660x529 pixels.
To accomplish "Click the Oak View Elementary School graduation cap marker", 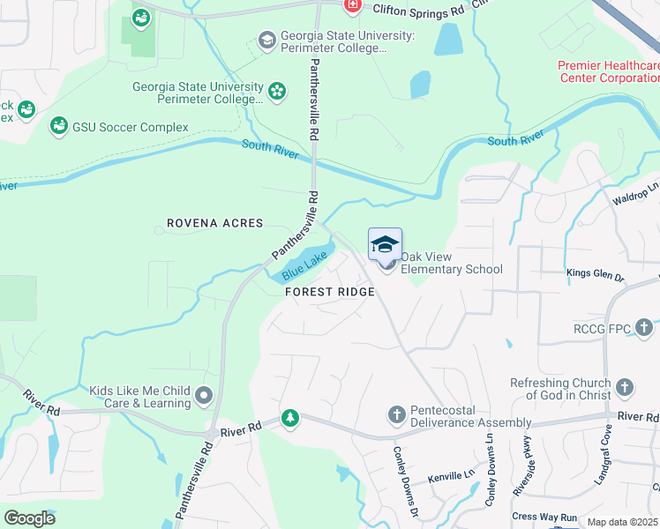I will (385, 244).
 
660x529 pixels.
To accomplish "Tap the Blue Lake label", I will (304, 264).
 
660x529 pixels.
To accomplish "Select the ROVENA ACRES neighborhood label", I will (215, 223).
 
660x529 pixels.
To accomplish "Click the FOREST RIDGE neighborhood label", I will (329, 292).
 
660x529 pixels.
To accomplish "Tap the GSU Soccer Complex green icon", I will (59, 127).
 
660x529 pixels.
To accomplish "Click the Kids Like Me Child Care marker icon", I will (205, 396).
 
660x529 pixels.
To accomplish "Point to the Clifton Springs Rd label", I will (417, 10).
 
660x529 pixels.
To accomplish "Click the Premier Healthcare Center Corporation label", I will (609, 71).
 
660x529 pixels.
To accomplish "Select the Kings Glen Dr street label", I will (595, 276).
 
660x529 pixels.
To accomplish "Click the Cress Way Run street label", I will (544, 517).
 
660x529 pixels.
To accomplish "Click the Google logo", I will (29, 518).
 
